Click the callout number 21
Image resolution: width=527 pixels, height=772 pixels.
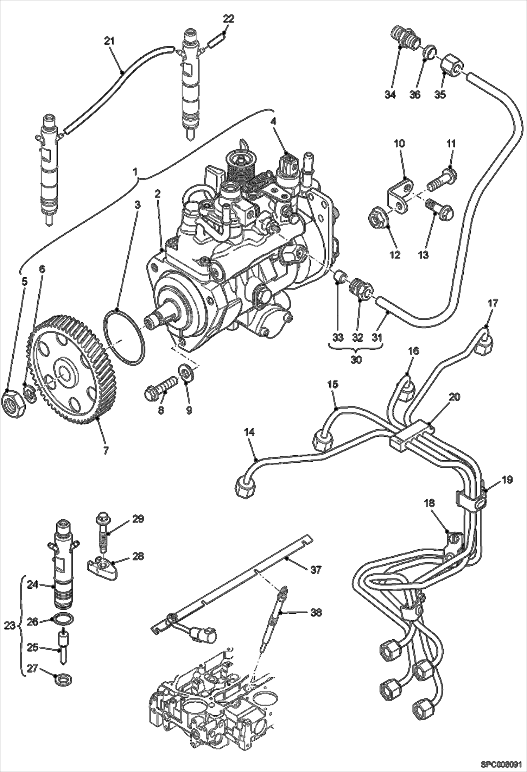[109, 41]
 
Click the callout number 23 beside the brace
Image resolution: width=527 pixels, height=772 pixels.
[10, 626]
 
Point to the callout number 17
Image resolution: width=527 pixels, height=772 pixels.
[493, 303]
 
